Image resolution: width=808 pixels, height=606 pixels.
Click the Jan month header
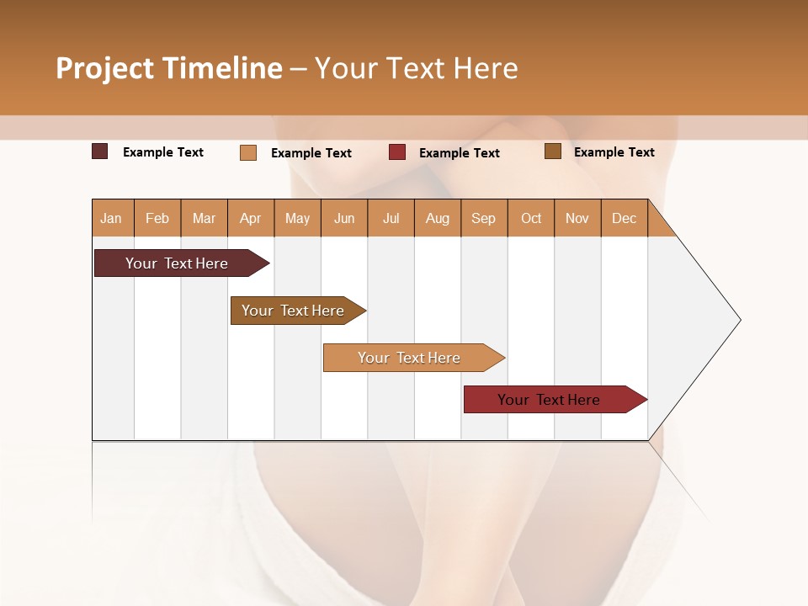click(111, 218)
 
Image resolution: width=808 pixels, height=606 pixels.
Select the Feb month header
click(157, 218)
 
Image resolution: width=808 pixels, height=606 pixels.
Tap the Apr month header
click(251, 218)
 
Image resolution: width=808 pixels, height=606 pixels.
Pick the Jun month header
click(344, 218)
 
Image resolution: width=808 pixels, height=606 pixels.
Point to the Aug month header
click(438, 218)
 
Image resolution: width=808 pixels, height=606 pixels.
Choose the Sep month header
click(484, 218)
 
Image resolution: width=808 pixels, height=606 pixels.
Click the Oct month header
click(531, 218)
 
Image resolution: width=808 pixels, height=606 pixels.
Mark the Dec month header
click(625, 218)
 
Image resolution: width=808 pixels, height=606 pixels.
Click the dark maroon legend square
click(99, 151)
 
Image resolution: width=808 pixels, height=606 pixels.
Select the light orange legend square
click(248, 152)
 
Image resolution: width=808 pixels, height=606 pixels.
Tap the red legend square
click(397, 152)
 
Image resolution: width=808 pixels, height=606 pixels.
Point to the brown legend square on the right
click(553, 151)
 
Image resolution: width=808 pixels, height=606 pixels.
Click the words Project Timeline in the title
click(168, 68)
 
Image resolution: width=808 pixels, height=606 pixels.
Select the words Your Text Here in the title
click(416, 68)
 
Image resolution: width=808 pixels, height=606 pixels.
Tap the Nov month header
click(577, 218)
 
